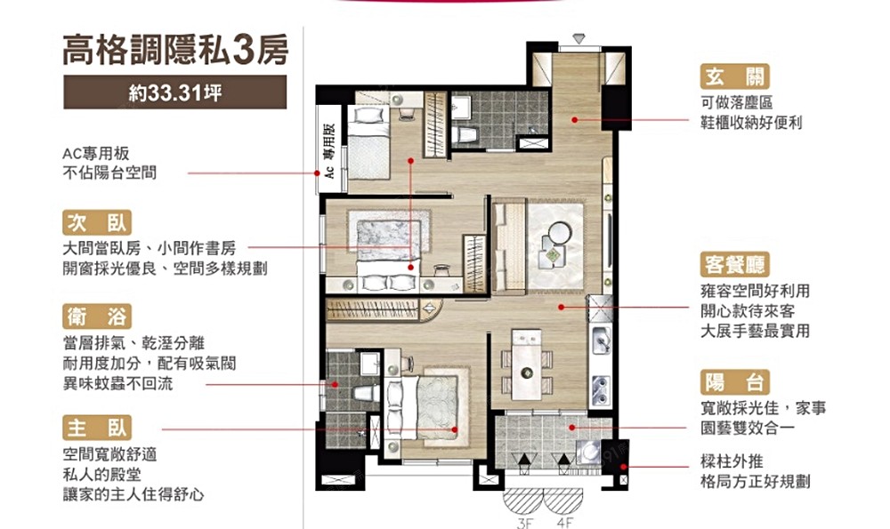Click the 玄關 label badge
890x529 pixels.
coord(734,76)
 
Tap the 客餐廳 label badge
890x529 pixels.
coord(734,265)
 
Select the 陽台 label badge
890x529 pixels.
coord(734,382)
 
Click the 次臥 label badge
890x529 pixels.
coord(97,222)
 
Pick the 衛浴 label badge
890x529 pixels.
coord(97,317)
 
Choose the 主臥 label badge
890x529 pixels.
coord(97,428)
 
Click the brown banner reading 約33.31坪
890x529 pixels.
coord(174,92)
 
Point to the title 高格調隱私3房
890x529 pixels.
coord(175,51)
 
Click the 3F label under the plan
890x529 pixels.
coord(525,523)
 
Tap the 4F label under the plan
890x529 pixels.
coord(564,523)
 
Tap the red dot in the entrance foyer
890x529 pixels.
coord(574,120)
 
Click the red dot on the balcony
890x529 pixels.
coord(572,428)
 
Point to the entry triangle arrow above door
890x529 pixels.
coord(578,39)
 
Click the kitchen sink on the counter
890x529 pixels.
coord(601,341)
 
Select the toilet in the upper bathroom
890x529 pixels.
coord(465,135)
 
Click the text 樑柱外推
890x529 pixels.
coord(732,461)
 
